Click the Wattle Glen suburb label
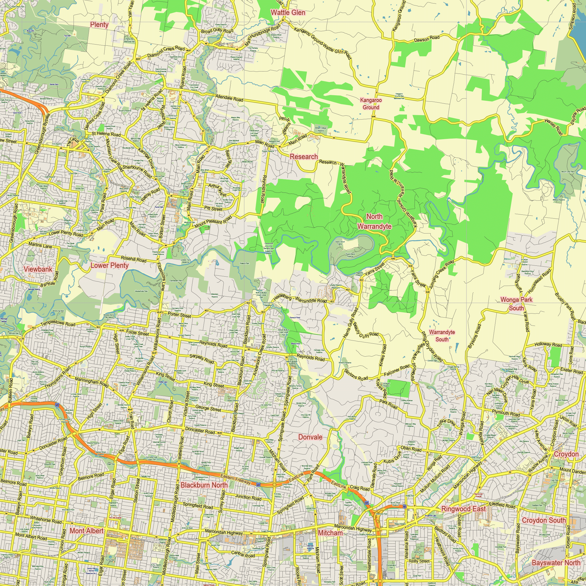pos(288,13)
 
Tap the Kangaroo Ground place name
pos(371,104)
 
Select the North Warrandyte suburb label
pos(374,222)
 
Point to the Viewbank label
pos(38,269)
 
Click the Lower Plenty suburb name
pos(110,265)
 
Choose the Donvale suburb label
pos(310,437)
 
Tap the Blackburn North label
pos(204,485)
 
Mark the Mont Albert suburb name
pos(86,531)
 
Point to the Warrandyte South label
pos(442,336)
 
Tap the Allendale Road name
pos(229,98)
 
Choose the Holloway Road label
pos(548,345)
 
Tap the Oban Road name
pos(411,449)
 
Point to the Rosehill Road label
pos(133,259)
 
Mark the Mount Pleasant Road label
pos(213,222)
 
